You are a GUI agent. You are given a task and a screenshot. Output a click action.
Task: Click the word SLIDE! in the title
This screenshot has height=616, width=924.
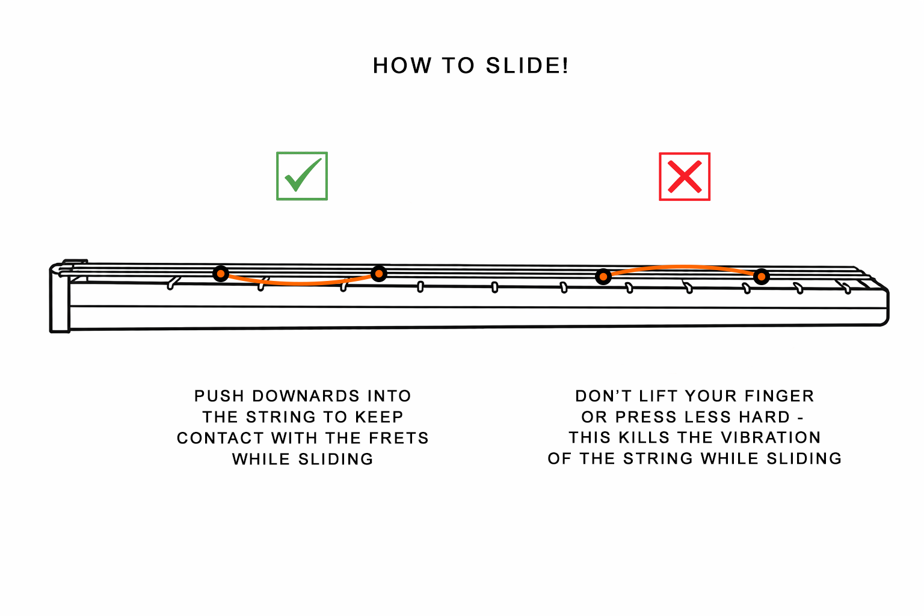[x=527, y=66]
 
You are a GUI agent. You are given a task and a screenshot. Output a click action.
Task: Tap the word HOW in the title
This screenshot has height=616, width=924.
[x=402, y=66]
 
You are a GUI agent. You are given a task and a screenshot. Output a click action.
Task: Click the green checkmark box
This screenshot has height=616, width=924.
[x=302, y=176]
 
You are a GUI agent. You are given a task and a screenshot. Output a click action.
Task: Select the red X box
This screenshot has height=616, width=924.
[x=685, y=176]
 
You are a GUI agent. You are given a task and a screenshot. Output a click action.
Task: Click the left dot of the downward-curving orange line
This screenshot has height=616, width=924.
[x=221, y=274]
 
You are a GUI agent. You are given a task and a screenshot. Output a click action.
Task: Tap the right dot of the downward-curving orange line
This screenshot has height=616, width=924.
[x=378, y=274]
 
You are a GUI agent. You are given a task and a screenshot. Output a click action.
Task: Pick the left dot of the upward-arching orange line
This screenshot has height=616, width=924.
[x=603, y=277]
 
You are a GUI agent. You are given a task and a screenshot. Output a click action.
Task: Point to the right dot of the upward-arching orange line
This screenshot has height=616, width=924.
[x=762, y=277]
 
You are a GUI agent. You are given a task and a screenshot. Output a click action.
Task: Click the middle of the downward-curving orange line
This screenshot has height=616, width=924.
[x=301, y=283]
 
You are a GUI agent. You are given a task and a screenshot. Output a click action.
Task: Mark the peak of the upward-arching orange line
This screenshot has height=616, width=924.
[x=682, y=266]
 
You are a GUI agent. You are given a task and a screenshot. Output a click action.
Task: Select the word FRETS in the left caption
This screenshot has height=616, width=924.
[x=399, y=438]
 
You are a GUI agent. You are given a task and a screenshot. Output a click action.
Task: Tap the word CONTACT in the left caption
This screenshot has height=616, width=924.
[x=220, y=438]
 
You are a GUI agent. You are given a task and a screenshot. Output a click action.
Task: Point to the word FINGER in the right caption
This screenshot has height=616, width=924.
[x=779, y=396]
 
